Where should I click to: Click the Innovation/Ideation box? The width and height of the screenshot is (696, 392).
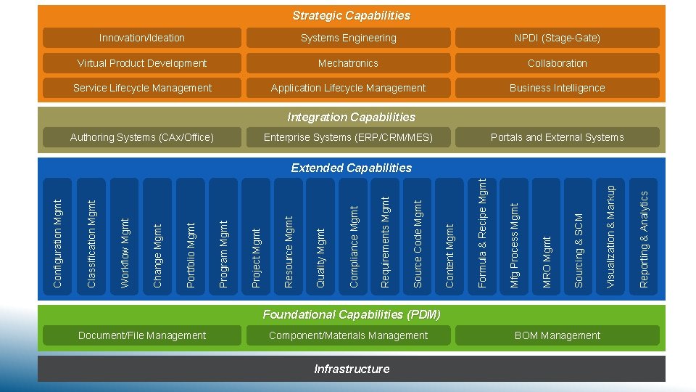pyautogui.click(x=142, y=38)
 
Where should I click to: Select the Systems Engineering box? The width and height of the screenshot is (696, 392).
pyautogui.click(x=349, y=38)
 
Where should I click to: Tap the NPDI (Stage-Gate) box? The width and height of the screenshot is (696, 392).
pyautogui.click(x=557, y=38)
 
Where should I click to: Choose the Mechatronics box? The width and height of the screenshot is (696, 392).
pyautogui.click(x=349, y=63)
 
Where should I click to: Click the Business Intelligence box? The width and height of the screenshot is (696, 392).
pyautogui.click(x=557, y=88)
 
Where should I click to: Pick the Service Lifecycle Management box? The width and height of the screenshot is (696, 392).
pyautogui.click(x=142, y=88)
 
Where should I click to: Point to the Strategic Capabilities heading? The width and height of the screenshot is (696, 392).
pyautogui.click(x=351, y=15)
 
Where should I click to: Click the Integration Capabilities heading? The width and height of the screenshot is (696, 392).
pyautogui.click(x=351, y=117)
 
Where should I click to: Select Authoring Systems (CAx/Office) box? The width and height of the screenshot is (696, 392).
pyautogui.click(x=142, y=137)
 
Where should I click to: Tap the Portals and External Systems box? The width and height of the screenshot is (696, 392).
pyautogui.click(x=557, y=137)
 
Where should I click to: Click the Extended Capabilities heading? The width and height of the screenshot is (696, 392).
pyautogui.click(x=351, y=168)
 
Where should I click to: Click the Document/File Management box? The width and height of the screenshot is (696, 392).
pyautogui.click(x=142, y=335)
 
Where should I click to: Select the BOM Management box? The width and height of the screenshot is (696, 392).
pyautogui.click(x=557, y=335)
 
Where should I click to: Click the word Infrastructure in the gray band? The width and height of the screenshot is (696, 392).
pyautogui.click(x=352, y=369)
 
